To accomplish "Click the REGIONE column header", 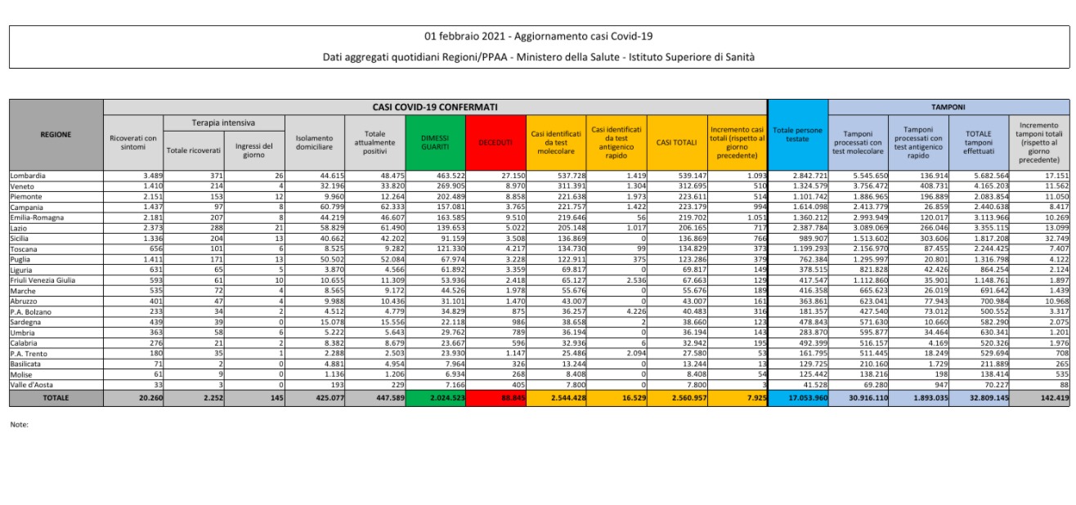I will (56, 135).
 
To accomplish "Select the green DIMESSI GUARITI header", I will (435, 142).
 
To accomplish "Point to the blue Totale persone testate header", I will (797, 134).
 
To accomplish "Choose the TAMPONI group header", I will (948, 107).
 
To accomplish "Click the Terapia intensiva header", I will (211, 123).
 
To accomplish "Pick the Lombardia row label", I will (28, 176).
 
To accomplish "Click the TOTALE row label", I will (56, 398).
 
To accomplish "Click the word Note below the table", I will (20, 425).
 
